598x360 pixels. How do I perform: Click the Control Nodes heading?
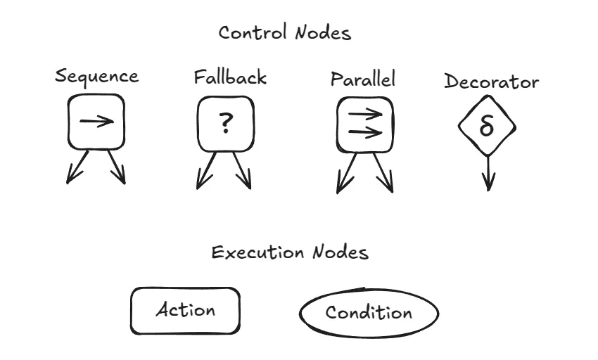coord(284,33)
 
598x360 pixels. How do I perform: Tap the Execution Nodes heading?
coord(290,252)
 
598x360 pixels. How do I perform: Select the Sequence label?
coord(96,77)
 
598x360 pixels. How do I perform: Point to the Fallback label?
coord(230,77)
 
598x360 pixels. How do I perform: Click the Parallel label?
coord(363,78)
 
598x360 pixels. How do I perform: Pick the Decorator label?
coord(491,82)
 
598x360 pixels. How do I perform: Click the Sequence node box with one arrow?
coord(96,122)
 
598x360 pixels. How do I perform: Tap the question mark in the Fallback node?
coord(224,123)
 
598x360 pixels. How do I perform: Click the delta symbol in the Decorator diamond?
coord(487,127)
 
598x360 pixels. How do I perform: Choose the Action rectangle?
coord(186,310)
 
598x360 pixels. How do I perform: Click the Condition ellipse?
coord(369,312)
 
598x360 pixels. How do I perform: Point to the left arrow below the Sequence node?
coord(77,167)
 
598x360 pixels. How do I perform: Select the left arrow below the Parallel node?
coord(346,172)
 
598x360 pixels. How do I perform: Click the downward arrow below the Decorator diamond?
coord(488,172)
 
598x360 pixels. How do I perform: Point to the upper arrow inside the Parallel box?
coord(365,113)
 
